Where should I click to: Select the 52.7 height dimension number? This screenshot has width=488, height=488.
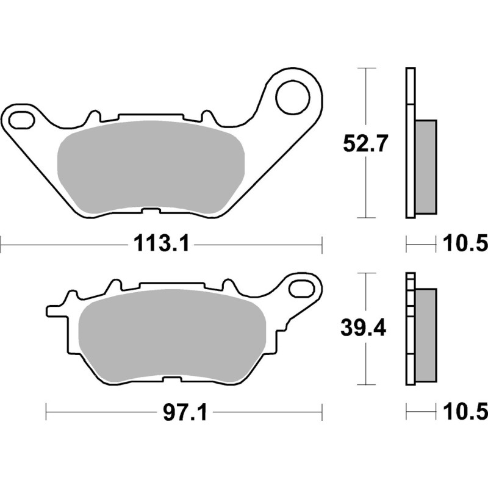coord(364,146)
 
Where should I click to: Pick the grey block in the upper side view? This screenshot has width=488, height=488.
coord(426,166)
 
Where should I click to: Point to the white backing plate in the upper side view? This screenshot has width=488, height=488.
coord(410,143)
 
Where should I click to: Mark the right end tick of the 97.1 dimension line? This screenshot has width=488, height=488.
coord(322,414)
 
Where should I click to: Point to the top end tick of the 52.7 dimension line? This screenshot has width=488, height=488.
coord(365,69)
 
